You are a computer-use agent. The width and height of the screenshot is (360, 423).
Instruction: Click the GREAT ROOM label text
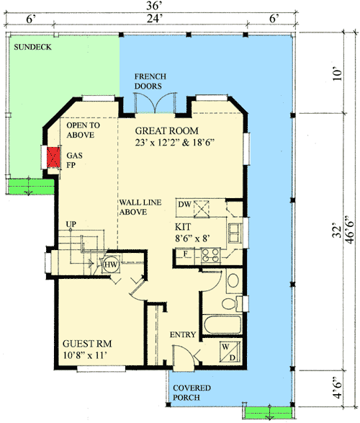click(168, 131)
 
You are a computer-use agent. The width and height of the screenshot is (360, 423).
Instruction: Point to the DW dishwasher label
click(184, 205)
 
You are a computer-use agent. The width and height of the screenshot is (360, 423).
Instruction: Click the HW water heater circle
click(111, 264)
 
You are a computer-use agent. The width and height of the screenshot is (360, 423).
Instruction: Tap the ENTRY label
click(183, 336)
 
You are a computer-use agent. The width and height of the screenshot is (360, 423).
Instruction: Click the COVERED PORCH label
click(192, 393)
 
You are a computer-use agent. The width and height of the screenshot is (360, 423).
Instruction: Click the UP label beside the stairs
click(71, 223)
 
